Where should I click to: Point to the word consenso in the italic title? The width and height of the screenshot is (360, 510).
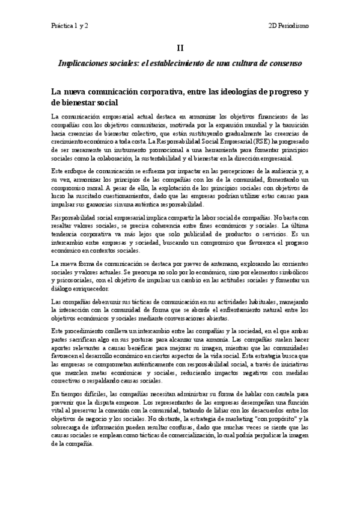[284, 63]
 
